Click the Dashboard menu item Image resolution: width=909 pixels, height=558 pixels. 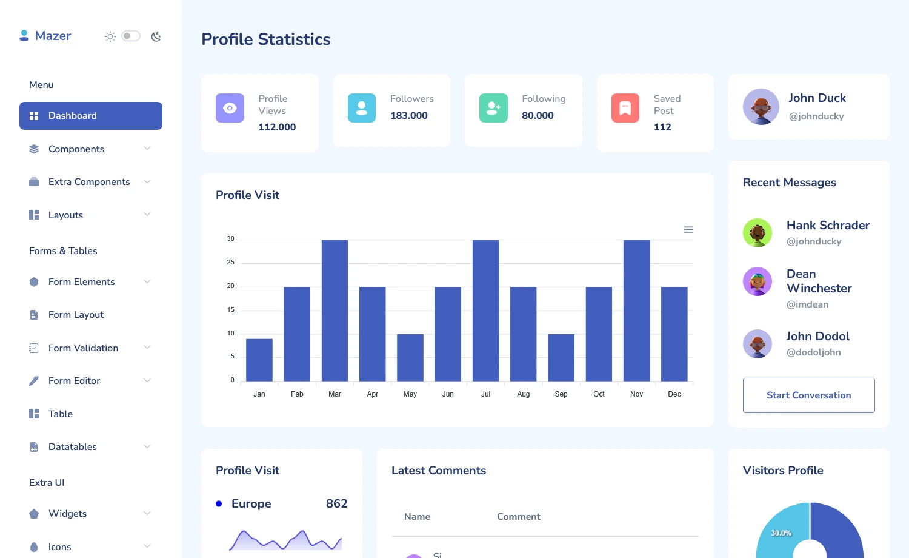(x=91, y=116)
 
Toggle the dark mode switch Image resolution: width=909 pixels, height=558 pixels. (x=130, y=36)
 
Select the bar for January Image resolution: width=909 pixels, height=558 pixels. (x=259, y=360)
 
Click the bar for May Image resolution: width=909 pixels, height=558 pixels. (x=410, y=358)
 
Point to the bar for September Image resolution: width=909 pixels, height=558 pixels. (x=561, y=358)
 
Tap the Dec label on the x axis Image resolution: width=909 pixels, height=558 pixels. (x=674, y=394)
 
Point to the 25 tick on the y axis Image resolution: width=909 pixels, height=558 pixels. (x=230, y=263)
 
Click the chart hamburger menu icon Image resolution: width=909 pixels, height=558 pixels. (x=688, y=230)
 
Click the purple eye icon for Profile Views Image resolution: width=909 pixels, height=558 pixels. (x=230, y=108)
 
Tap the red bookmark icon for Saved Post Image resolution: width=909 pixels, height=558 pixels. (x=625, y=108)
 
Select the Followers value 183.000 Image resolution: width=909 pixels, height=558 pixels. (x=409, y=116)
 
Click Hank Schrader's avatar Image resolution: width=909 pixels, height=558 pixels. (x=757, y=233)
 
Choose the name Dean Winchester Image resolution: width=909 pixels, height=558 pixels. (x=819, y=281)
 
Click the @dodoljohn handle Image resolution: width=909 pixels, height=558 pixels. (x=813, y=352)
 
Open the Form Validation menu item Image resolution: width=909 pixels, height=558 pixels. (x=84, y=348)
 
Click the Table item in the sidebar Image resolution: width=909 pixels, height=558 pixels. (x=61, y=414)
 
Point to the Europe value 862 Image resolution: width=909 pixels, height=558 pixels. (x=336, y=504)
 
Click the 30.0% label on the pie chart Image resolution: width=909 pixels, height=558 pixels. (x=781, y=533)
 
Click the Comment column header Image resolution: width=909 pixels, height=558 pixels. (x=518, y=517)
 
